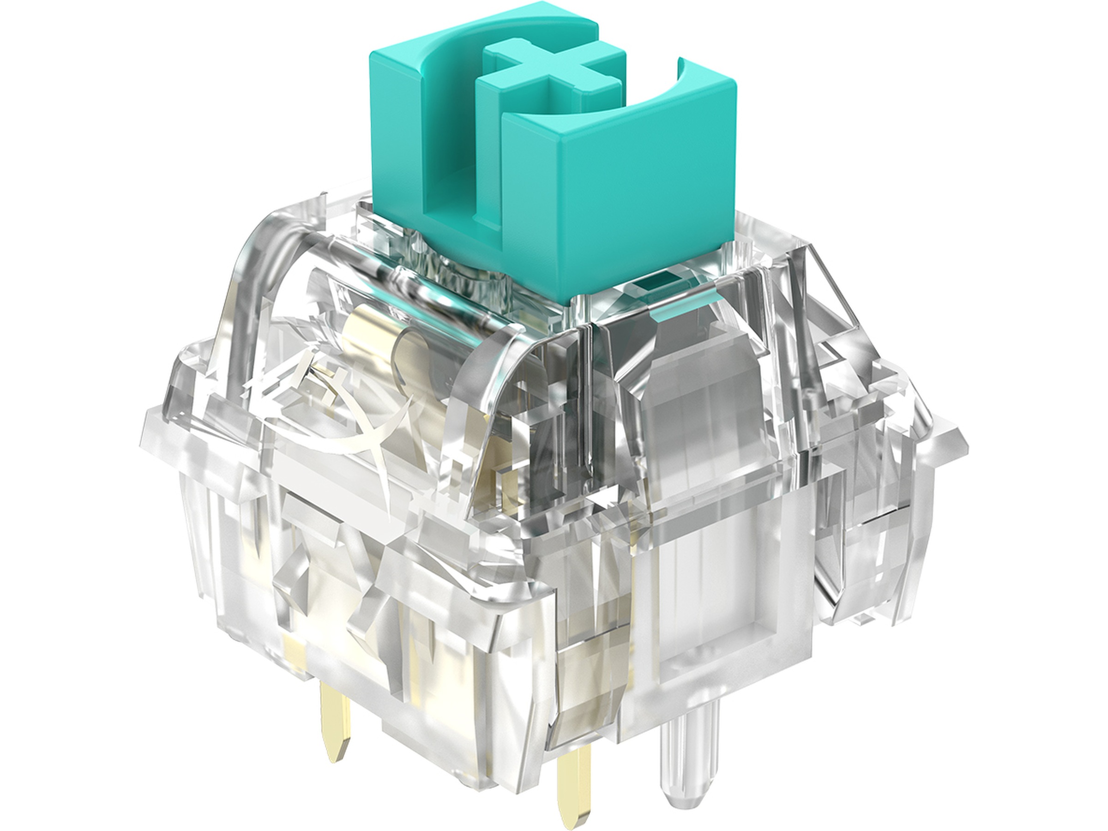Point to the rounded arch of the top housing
click(281, 260)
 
